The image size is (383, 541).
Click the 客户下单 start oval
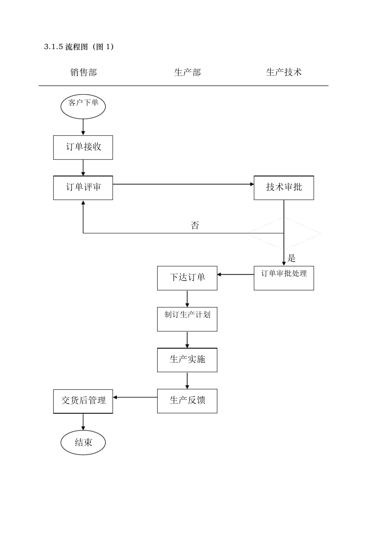pos(83,107)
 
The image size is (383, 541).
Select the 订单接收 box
pos(83,147)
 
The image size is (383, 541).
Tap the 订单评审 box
pos(83,188)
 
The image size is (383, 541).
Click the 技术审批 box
pos(283,188)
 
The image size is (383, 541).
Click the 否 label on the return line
pos(195,225)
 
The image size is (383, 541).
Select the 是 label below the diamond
pos(291,258)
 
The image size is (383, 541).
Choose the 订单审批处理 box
pos(283,278)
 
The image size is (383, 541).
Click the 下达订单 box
pos(187,278)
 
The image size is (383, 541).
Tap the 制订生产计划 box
pos(187,319)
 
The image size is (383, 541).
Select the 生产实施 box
pos(187,360)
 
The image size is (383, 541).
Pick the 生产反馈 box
pos(187,401)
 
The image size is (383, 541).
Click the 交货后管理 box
pos(83,401)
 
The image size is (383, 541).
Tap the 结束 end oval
pos(83,442)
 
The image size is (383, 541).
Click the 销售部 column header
pos(83,72)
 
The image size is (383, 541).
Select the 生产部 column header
pos(187,72)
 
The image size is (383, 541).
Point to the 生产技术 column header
pos(284,72)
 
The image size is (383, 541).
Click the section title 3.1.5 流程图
pos(79,47)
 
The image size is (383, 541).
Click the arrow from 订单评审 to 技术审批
pos(183,184)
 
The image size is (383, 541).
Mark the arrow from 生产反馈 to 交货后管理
pos(135,397)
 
